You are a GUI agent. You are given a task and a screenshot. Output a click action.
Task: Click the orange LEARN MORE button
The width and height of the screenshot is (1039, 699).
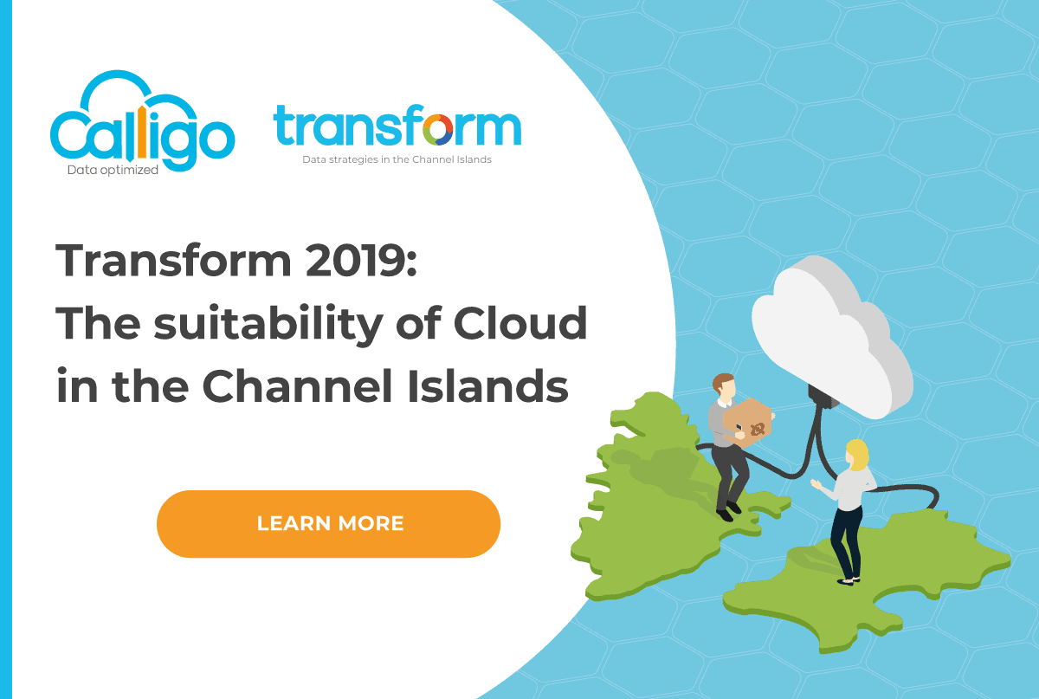(328, 523)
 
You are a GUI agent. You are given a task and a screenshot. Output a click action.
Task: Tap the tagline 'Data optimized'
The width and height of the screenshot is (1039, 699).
(113, 170)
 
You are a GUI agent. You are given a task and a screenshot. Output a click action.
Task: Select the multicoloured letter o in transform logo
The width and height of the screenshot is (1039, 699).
(438, 130)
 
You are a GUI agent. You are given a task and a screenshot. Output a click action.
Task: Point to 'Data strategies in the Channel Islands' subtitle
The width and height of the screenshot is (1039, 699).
(397, 159)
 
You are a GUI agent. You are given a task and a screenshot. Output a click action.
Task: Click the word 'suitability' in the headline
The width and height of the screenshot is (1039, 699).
(268, 325)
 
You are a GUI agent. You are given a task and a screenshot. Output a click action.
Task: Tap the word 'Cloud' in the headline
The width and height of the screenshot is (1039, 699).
(520, 322)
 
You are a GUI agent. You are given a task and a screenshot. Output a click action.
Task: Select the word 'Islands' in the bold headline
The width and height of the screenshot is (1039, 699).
(487, 385)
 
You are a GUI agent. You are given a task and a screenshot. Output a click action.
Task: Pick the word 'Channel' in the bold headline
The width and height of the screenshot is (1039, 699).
(298, 385)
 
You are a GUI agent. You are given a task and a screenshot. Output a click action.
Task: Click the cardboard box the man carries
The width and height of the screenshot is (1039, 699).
(747, 422)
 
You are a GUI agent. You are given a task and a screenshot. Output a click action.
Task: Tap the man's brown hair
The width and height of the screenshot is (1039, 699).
(722, 381)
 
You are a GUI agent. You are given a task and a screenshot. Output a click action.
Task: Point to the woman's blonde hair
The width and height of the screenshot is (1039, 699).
(858, 455)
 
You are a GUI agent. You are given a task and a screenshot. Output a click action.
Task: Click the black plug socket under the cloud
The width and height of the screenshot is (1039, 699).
(823, 396)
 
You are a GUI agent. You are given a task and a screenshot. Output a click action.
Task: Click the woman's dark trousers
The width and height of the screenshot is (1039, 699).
(847, 542)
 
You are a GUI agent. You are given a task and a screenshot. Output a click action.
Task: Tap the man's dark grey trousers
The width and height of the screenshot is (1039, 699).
(728, 477)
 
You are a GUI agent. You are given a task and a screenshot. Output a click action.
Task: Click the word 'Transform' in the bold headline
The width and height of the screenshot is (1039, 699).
(173, 261)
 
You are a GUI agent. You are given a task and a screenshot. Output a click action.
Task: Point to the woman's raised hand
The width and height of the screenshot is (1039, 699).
(816, 483)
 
